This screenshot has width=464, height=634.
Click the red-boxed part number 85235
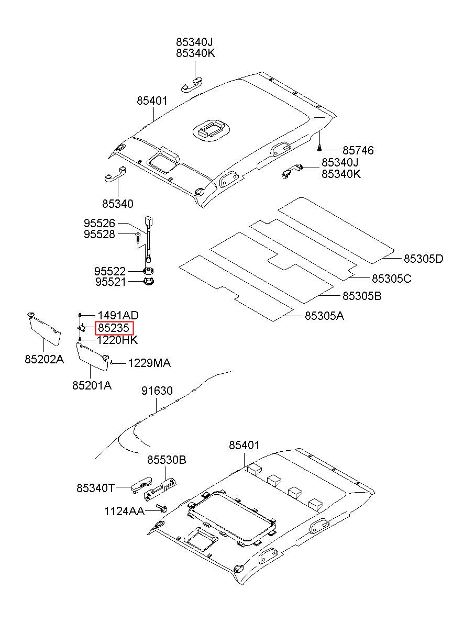click(x=114, y=328)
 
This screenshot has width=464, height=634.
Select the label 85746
click(x=358, y=150)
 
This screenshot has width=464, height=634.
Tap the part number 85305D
click(x=423, y=259)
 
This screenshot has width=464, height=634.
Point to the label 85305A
click(x=324, y=316)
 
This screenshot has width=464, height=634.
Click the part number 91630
click(x=157, y=391)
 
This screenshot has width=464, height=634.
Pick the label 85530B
click(x=167, y=460)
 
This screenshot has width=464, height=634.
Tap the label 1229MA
click(x=149, y=363)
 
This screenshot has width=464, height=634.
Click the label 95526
click(x=100, y=224)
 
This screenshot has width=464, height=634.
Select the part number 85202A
click(x=44, y=360)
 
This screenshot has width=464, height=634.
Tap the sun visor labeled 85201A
click(x=93, y=357)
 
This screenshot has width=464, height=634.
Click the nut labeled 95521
click(x=148, y=282)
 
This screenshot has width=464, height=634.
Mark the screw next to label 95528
click(x=138, y=237)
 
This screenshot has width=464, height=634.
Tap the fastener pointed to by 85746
click(x=319, y=147)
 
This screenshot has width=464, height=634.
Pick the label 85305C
click(x=391, y=279)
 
